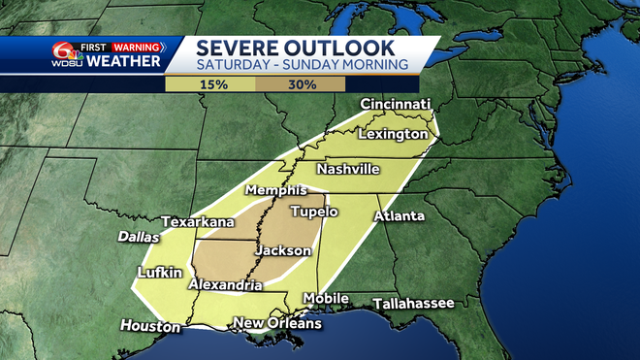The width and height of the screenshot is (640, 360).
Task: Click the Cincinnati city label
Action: [x=395, y=104]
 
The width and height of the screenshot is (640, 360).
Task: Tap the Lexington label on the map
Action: [x=393, y=133]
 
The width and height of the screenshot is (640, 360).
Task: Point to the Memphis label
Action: [x=275, y=189]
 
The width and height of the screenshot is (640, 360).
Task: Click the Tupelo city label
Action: [x=313, y=211]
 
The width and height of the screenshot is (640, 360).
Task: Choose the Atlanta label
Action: [x=397, y=215]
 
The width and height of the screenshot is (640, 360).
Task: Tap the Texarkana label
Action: [x=198, y=222]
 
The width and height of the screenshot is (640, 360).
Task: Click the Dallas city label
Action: [x=138, y=236]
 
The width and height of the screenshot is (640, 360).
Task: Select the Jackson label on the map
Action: [x=282, y=250]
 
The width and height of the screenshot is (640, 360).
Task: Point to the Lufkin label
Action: [x=160, y=273]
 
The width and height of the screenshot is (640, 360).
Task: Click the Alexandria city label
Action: [x=225, y=285]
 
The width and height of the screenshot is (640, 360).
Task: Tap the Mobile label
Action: [x=326, y=298]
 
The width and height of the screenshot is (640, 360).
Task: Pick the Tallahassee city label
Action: [x=413, y=303]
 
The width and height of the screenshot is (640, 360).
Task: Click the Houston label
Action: [x=147, y=325]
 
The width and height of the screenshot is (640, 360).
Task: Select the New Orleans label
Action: [x=278, y=323]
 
